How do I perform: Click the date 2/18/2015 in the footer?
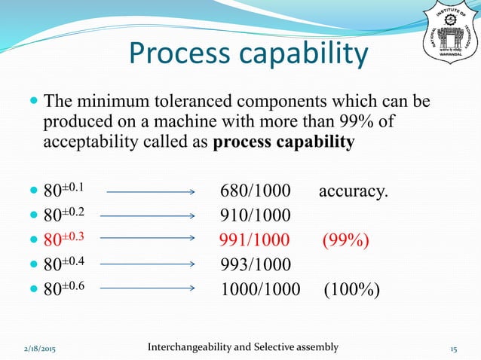point(42,348)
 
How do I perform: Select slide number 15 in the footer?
point(454,348)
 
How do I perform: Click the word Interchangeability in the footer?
point(193,346)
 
